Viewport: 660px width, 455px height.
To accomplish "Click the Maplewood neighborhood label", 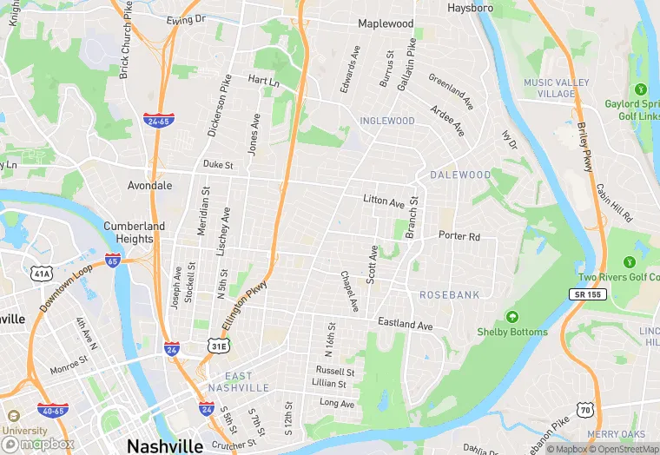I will point(386,24).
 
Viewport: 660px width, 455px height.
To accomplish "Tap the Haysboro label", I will point(470,8).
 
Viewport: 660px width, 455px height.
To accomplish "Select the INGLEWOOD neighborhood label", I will point(387,121).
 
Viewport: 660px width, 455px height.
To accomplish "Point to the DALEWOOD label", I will point(462,175).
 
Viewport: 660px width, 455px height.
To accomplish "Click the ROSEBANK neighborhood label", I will point(450,295).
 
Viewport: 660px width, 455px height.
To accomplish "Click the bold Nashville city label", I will point(165,445).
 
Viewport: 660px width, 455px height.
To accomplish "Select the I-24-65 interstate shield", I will point(158,122).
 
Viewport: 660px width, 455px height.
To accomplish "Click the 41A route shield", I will point(41,274).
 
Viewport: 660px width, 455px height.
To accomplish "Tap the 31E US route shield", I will point(219,346).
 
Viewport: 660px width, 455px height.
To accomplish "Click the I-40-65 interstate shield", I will point(53,410).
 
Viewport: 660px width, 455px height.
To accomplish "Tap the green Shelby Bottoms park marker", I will point(512,317).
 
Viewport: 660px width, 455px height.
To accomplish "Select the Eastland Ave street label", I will point(405,325).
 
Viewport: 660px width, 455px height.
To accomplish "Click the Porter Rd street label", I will point(459,236).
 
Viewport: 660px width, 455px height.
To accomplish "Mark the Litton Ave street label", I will point(384,201).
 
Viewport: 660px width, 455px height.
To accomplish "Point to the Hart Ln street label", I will point(264,81).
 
